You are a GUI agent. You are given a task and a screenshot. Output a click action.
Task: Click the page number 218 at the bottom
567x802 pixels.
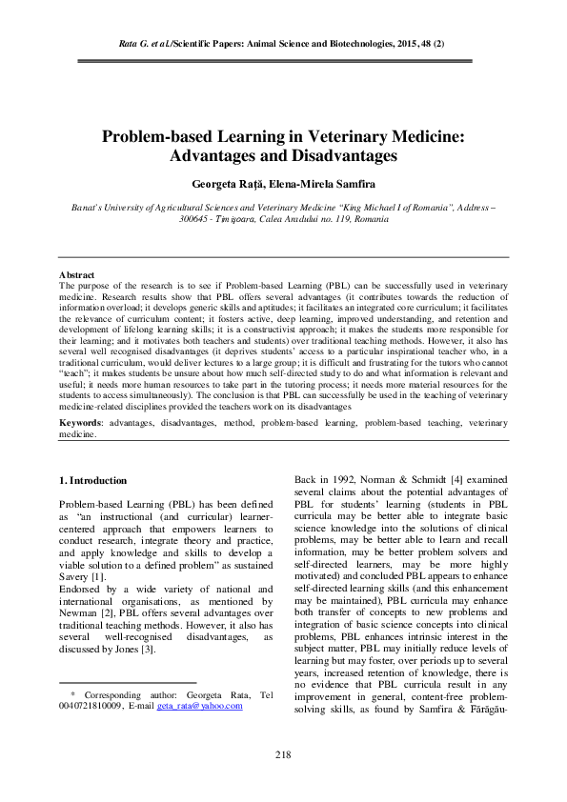click(283, 755)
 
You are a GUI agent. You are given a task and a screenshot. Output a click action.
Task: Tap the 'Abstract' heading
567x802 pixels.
click(77, 274)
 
